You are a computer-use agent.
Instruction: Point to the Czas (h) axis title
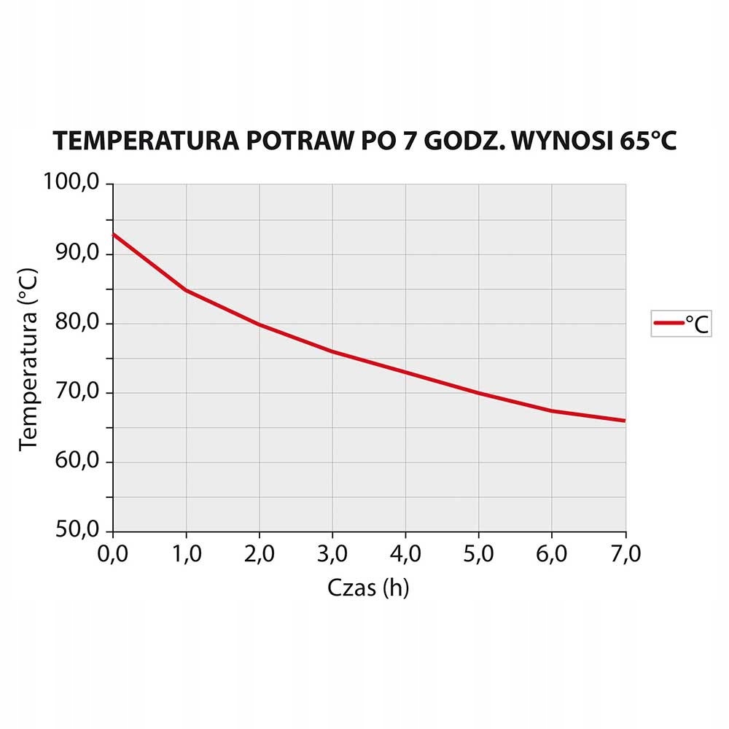(x=368, y=588)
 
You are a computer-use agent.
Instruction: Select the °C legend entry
(x=681, y=323)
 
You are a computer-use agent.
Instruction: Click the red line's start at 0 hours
(x=114, y=234)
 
